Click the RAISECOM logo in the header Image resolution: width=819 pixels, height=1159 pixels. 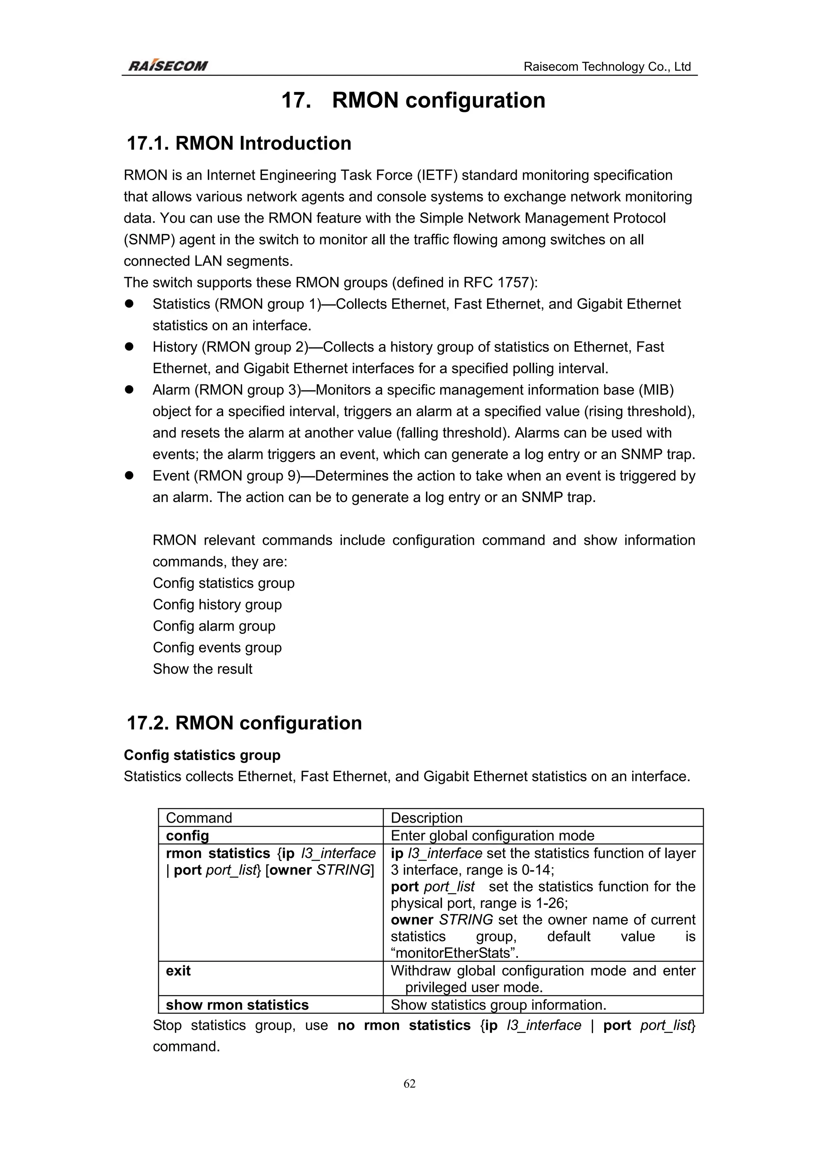click(168, 66)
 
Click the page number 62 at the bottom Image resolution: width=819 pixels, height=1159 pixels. click(409, 1083)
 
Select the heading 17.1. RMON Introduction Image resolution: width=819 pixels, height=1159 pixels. click(239, 143)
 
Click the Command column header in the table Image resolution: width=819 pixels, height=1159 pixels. click(199, 818)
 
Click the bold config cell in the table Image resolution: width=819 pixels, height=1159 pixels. click(187, 835)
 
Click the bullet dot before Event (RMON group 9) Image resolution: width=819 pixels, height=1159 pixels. click(129, 476)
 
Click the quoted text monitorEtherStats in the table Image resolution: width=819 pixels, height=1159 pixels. click(455, 953)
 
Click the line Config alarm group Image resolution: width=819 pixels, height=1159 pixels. click(214, 626)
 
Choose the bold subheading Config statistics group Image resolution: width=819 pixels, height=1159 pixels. click(202, 755)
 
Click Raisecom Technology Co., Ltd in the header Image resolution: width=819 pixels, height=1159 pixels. click(607, 67)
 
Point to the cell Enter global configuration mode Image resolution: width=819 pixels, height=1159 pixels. click(493, 835)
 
